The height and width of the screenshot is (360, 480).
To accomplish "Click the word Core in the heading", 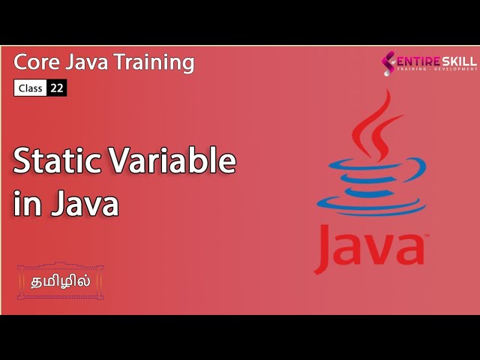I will click(36, 62).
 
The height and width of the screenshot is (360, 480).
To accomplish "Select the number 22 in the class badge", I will click(56, 88).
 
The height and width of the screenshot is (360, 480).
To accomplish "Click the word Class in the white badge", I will click(30, 88).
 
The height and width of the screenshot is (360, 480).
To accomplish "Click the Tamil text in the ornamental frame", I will click(60, 282).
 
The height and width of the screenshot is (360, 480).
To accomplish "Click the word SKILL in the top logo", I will click(459, 60).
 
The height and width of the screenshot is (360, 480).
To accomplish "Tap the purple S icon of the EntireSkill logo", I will click(388, 63).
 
